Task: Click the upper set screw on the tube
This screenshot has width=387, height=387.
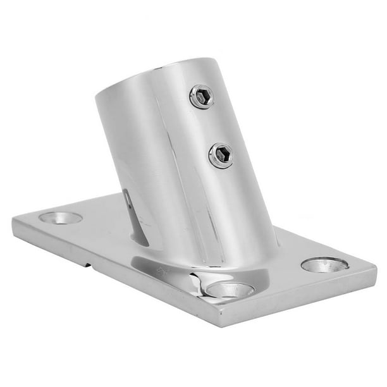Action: click(202, 97)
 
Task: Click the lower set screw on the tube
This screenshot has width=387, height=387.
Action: click(221, 154)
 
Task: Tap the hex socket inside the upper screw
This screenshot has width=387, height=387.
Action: click(201, 97)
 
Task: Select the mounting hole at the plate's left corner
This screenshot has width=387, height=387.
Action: click(61, 218)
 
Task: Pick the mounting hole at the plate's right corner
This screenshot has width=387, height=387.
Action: click(324, 264)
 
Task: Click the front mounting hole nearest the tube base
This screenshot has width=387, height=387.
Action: click(230, 290)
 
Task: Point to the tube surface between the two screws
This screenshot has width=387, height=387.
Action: click(212, 126)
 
